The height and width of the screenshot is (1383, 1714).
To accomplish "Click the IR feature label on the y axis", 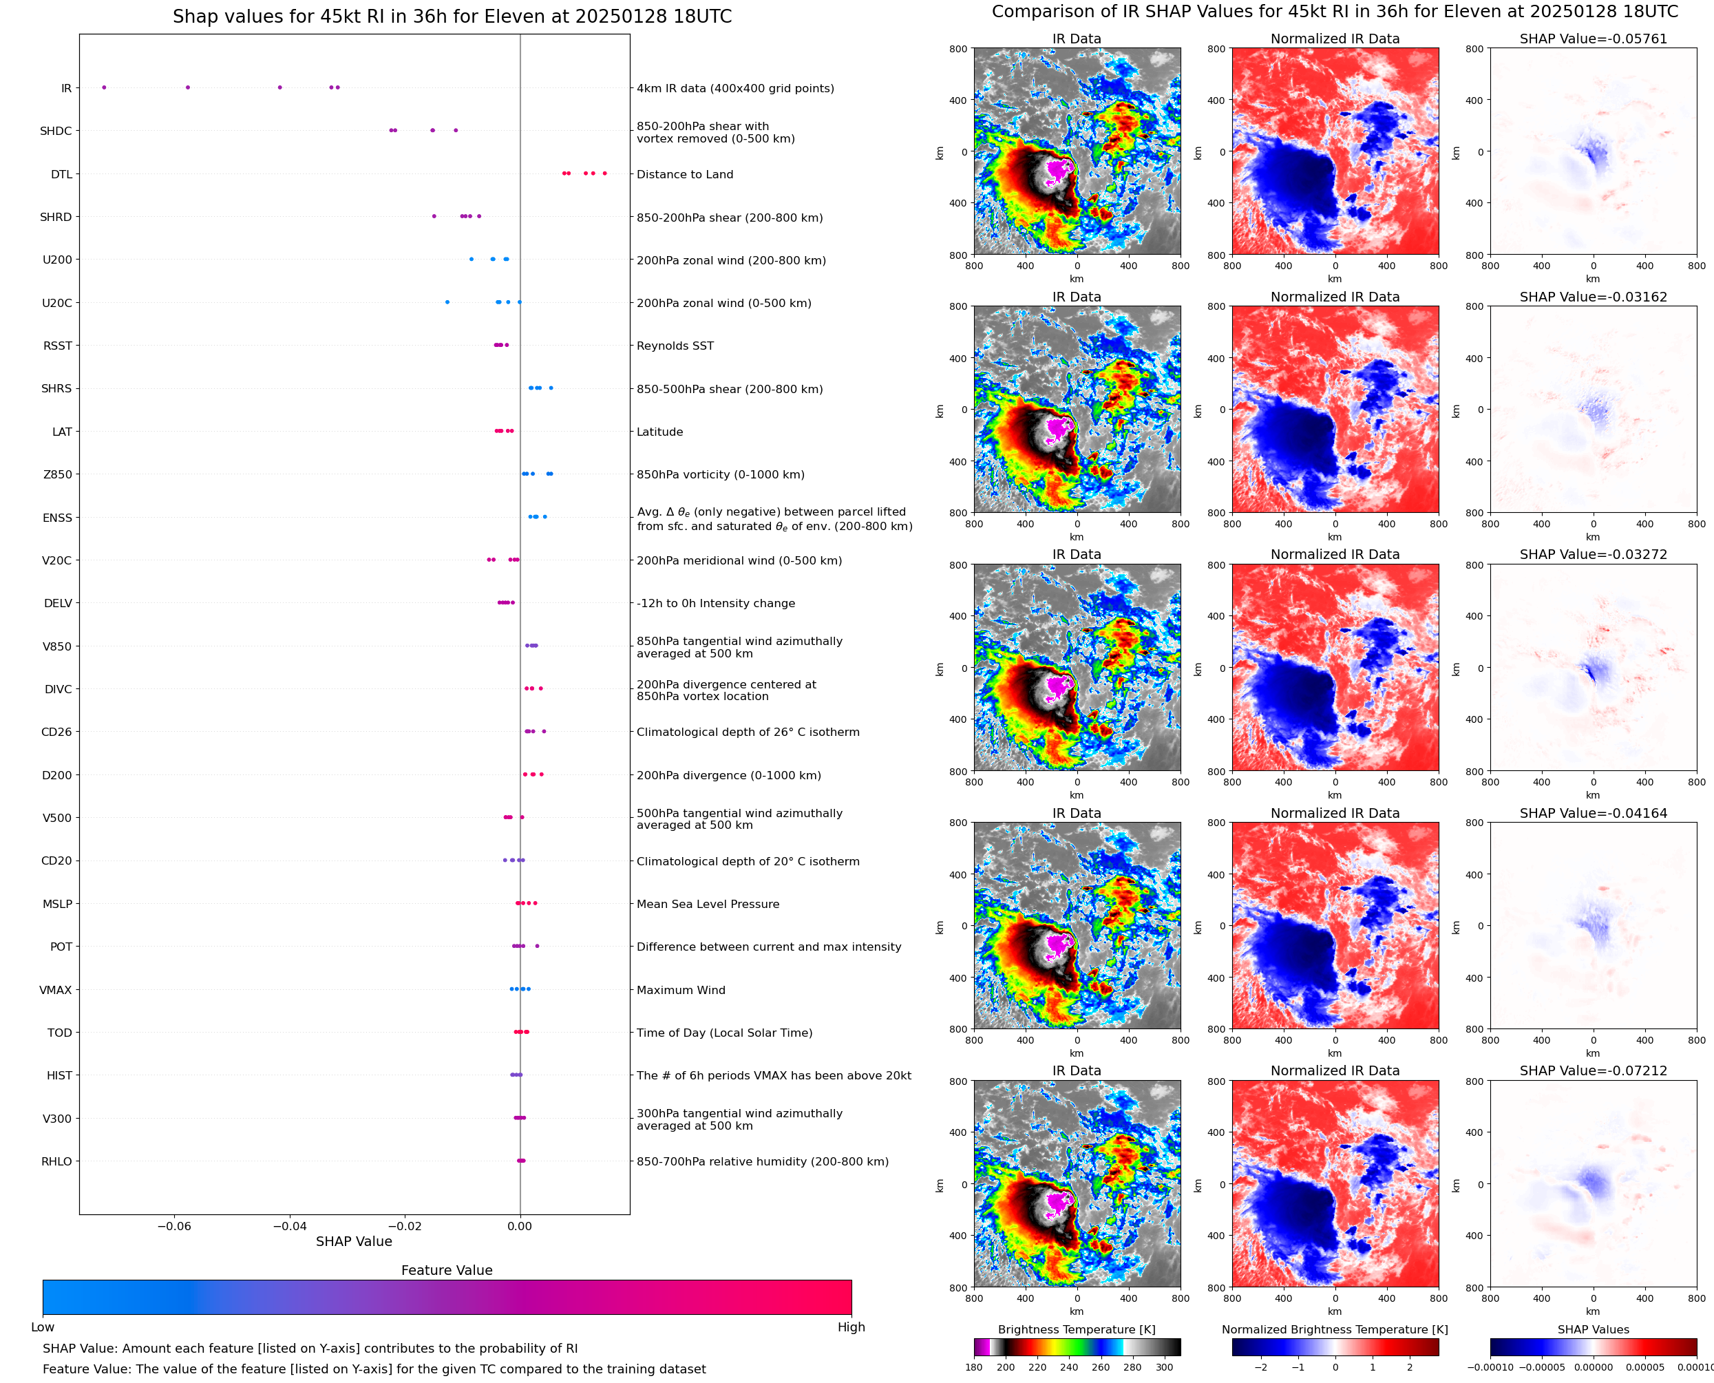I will (66, 88).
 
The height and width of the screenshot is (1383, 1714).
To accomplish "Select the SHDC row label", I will (56, 131).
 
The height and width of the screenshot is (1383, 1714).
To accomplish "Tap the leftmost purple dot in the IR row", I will (103, 87).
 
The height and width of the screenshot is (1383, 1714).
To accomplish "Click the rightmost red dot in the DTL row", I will (604, 173).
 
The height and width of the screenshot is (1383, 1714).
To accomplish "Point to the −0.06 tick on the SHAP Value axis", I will (173, 1226).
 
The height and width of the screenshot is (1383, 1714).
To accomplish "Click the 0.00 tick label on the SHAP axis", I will (519, 1226).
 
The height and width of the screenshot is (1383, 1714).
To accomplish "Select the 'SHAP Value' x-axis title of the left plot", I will (354, 1241).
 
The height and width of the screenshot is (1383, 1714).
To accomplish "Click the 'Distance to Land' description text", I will (684, 174).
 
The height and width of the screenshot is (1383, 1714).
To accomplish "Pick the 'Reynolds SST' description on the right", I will (675, 346).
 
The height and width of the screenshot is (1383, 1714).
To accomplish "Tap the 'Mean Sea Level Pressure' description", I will (707, 904).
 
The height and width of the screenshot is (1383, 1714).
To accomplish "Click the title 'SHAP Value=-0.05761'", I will (1593, 39).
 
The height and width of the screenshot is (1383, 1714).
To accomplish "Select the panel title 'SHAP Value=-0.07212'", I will (1593, 1070).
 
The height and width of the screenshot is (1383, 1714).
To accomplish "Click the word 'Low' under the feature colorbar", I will (42, 1327).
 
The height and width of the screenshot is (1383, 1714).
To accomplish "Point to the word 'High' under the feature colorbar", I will (851, 1327).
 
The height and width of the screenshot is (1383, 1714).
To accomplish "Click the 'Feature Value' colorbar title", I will (447, 1271).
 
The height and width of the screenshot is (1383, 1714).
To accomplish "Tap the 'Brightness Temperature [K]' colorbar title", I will (1076, 1329).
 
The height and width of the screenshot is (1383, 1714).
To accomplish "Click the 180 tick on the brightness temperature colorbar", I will (974, 1367).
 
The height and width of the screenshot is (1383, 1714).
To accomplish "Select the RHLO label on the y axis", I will (56, 1161).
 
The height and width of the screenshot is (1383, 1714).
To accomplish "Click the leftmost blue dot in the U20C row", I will (447, 302).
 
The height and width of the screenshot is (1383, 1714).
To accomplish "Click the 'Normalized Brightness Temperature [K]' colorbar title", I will (1335, 1329).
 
